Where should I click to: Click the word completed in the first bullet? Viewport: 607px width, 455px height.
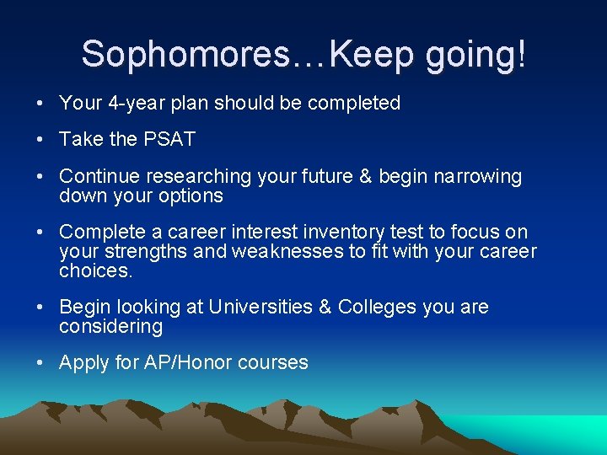point(354,104)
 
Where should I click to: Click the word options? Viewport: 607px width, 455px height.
point(193,196)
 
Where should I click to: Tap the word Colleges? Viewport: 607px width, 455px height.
point(378,307)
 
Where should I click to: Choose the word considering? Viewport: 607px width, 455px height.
point(110,326)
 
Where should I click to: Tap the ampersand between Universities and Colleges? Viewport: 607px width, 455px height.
point(325,307)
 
